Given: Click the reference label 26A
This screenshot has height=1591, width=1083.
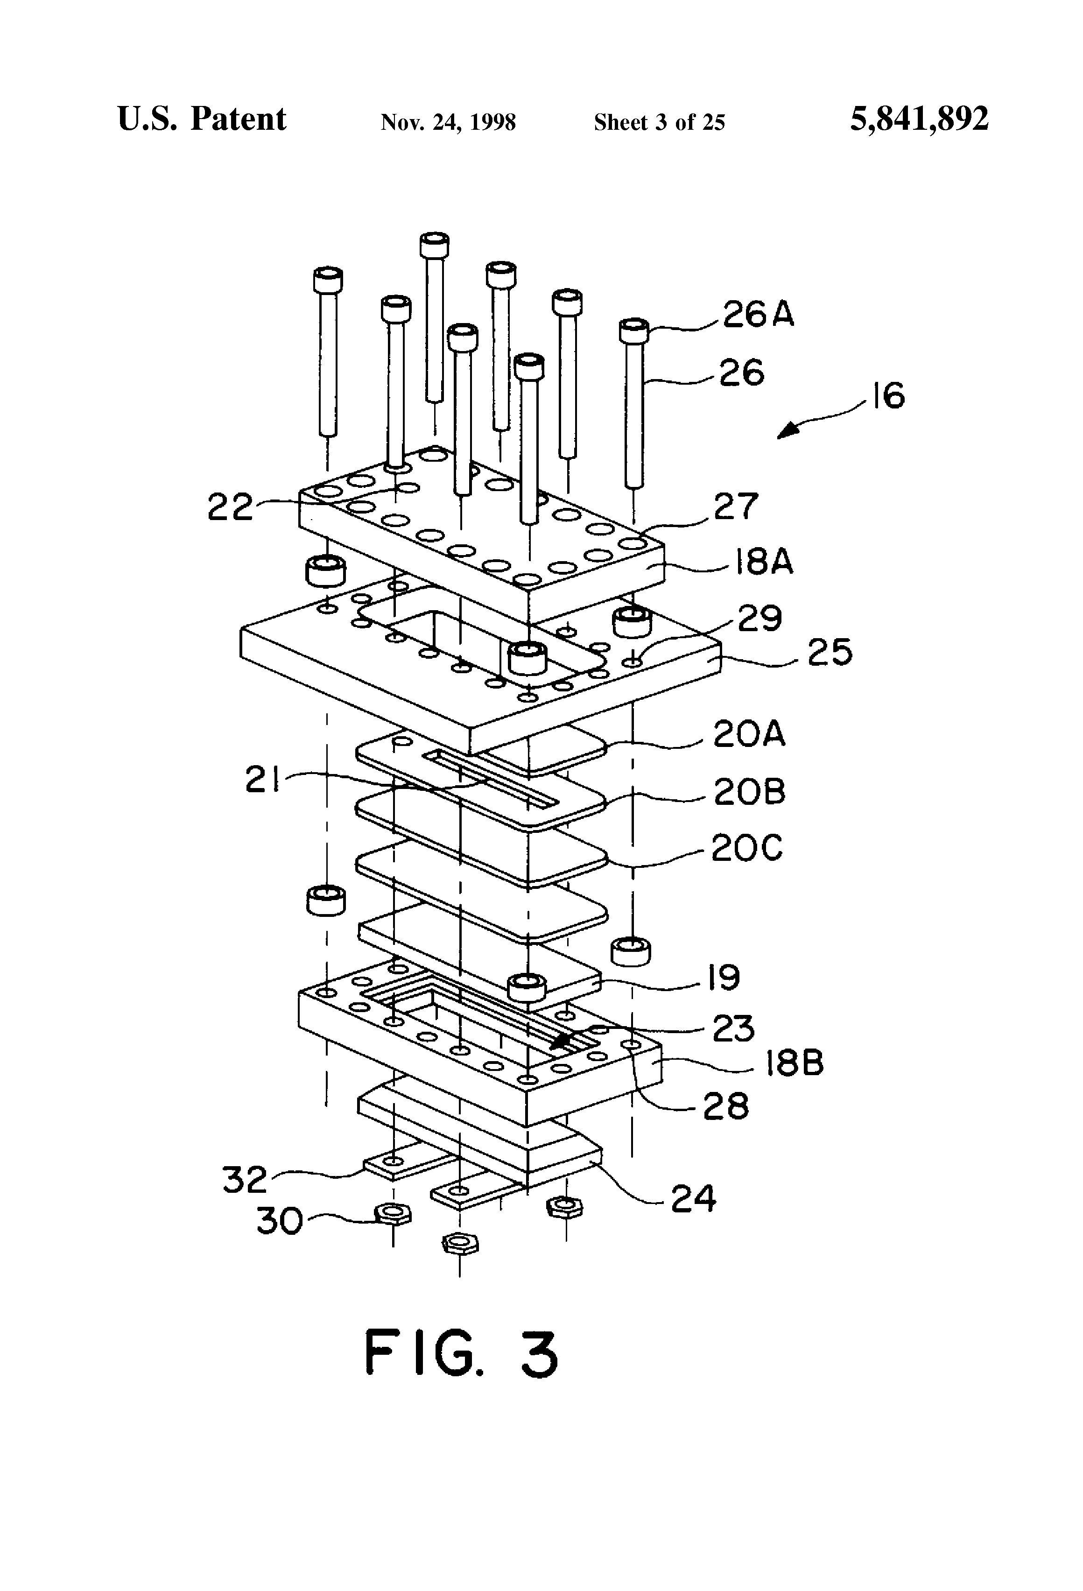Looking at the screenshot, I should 758,316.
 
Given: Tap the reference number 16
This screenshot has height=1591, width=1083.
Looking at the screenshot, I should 889,396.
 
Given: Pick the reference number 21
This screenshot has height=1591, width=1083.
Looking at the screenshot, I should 264,781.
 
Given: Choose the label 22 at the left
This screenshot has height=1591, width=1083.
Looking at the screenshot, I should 230,508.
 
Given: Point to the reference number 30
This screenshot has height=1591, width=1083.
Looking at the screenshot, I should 279,1221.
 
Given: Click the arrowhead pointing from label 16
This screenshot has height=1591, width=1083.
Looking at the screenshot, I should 787,431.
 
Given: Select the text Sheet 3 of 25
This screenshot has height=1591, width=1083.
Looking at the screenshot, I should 659,122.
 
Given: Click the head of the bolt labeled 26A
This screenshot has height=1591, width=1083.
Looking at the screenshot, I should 634,331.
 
